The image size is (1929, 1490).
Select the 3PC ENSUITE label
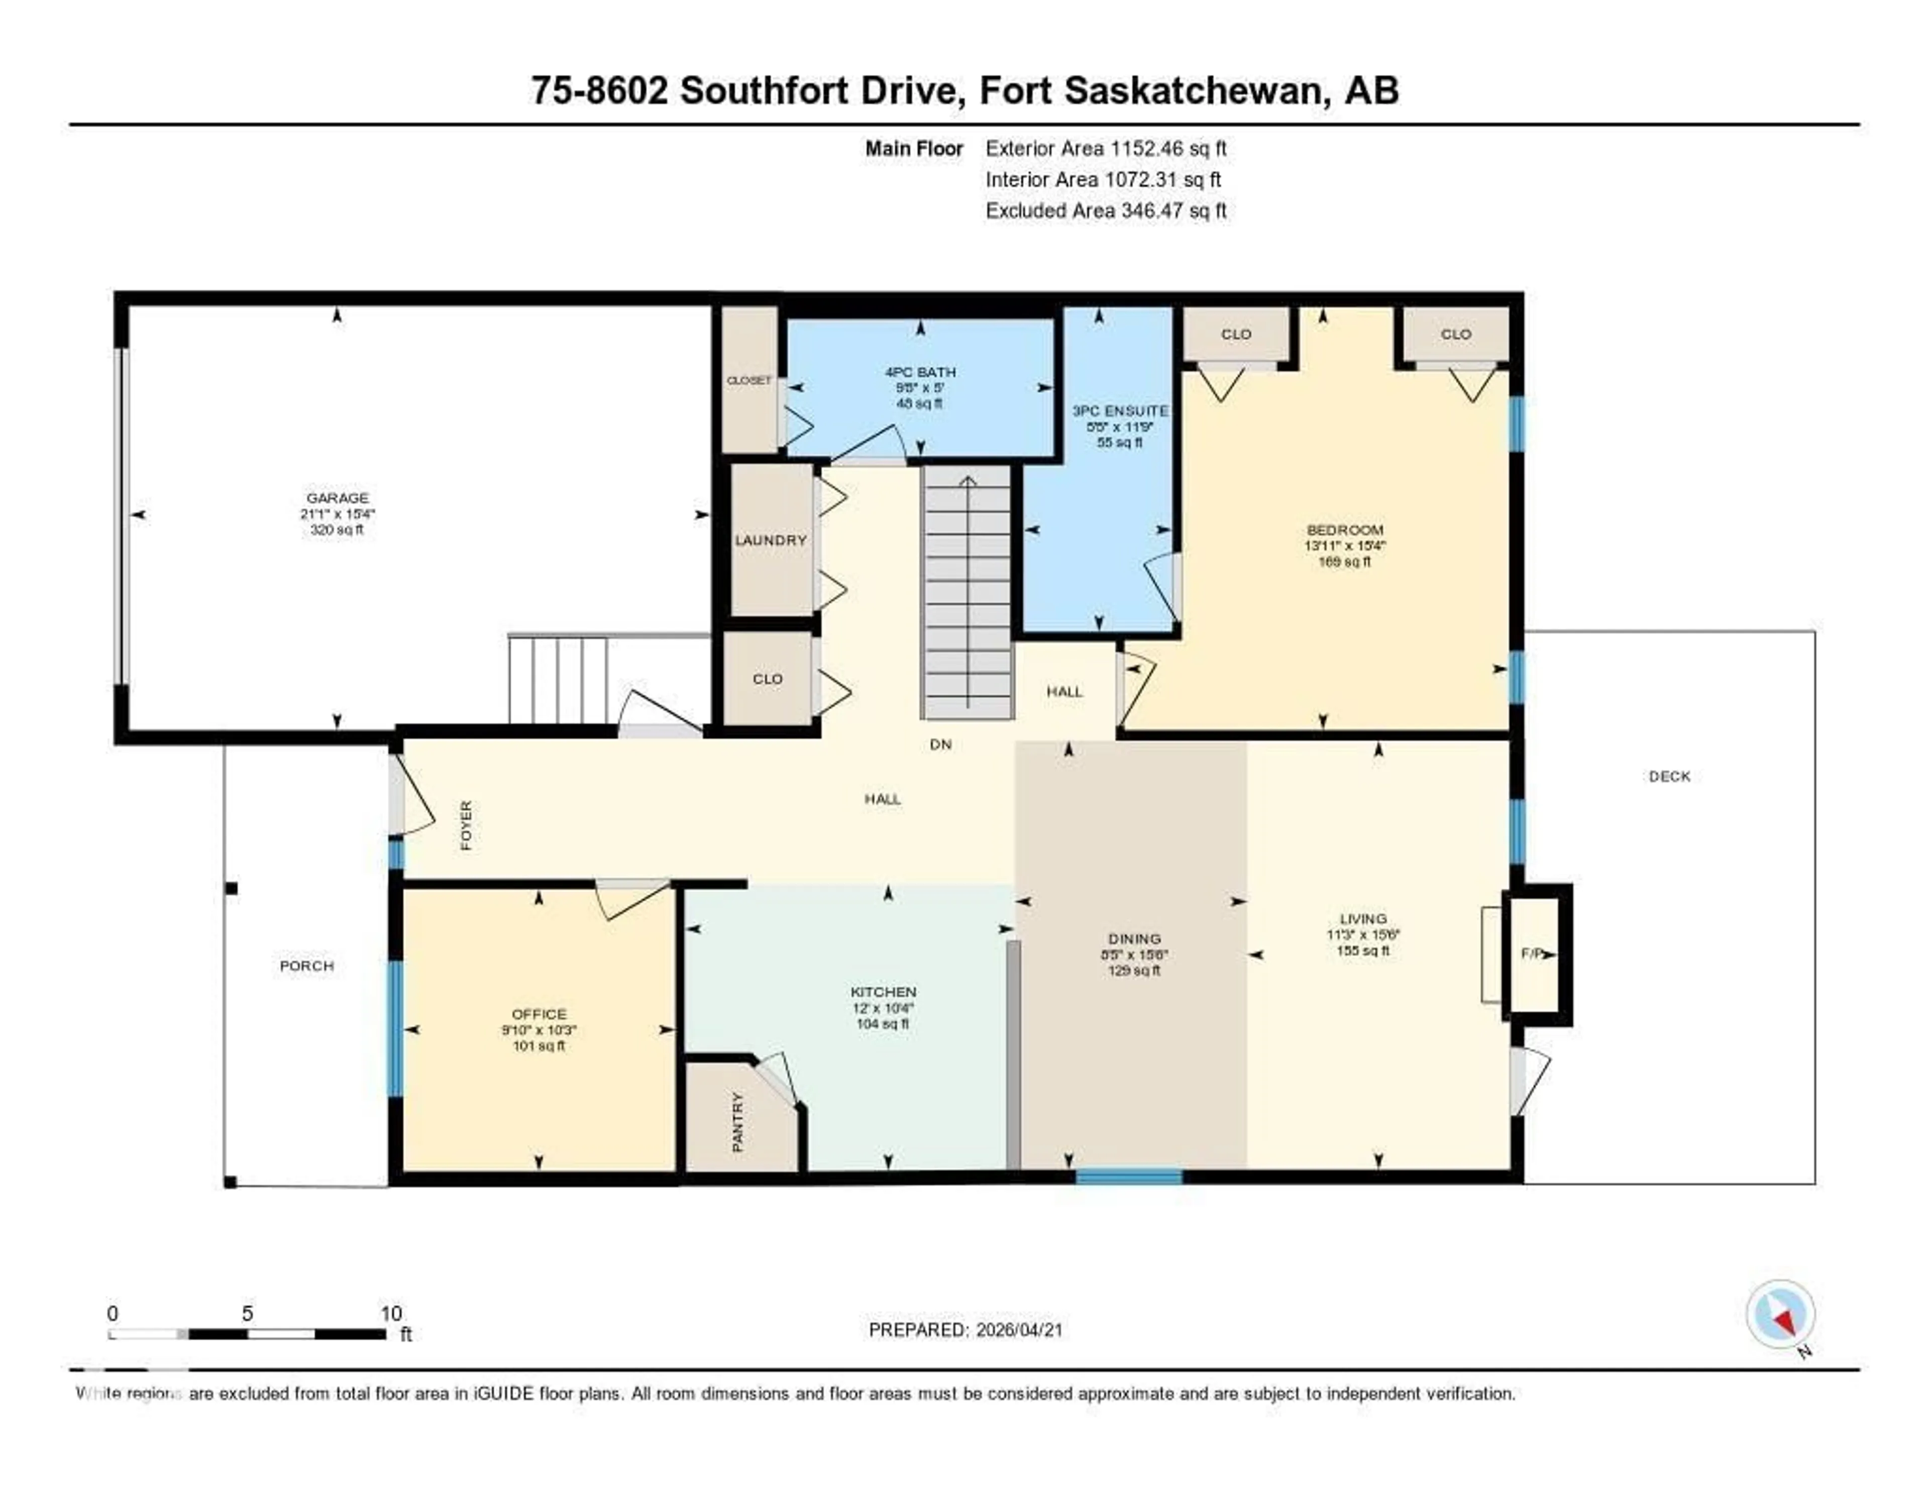pos(1120,411)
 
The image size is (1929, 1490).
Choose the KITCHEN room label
pos(883,992)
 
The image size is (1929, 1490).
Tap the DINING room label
pos(1135,939)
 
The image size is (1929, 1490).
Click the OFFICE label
pos(539,1014)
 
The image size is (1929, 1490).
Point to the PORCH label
pos(306,966)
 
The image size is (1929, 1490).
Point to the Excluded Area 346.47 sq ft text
pos(1106,210)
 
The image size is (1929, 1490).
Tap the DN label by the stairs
pos(941,744)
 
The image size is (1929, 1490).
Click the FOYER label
pos(466,825)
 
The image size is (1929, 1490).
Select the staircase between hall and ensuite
pos(967,592)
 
